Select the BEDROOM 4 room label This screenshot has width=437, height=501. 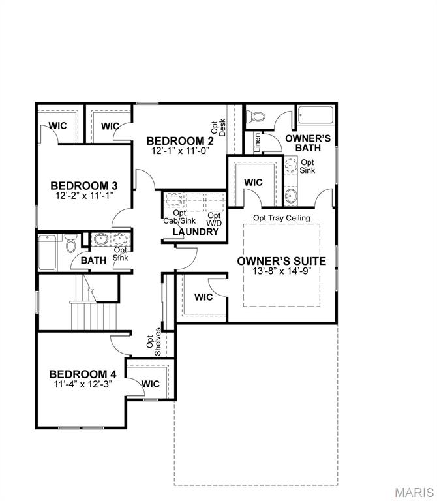(83, 374)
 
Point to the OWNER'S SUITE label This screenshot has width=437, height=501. (282, 261)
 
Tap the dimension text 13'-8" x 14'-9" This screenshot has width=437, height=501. (282, 271)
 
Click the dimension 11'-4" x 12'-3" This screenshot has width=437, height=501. (83, 384)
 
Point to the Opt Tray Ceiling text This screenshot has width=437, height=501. (282, 218)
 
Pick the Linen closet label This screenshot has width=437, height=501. (257, 144)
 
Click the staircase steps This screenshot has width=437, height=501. (93, 317)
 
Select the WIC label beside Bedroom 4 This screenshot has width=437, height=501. (151, 384)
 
